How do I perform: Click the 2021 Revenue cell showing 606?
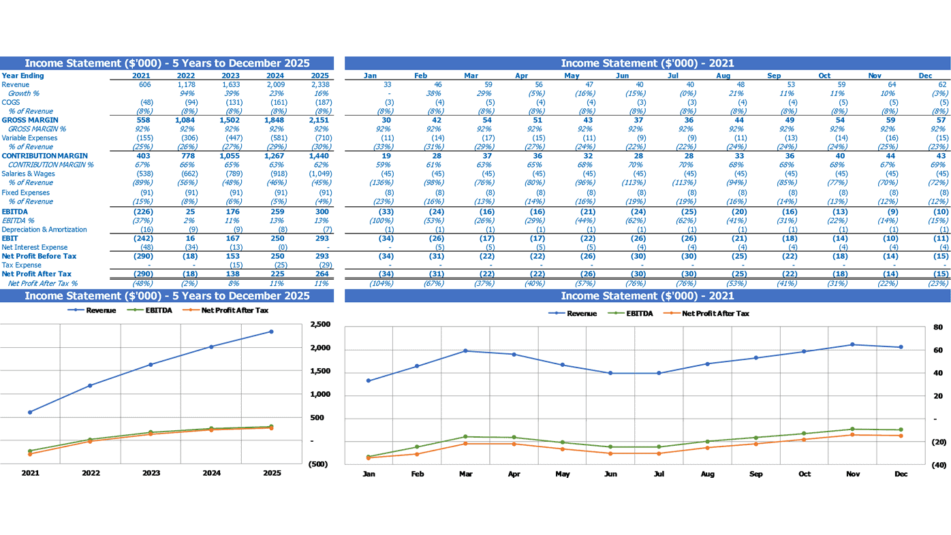click(145, 84)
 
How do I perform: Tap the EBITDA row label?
click(15, 212)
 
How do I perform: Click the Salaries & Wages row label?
click(29, 174)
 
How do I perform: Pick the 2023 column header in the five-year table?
click(230, 76)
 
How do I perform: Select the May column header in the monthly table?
click(572, 76)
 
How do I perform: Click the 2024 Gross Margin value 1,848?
click(275, 120)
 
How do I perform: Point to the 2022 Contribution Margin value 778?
click(188, 156)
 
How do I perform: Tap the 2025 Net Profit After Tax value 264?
click(322, 274)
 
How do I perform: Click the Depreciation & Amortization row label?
click(44, 229)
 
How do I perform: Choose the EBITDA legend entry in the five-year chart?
click(150, 310)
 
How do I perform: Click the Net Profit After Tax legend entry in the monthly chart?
click(706, 314)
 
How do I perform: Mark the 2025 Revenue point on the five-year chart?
click(271, 331)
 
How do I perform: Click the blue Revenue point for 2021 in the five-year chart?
click(30, 412)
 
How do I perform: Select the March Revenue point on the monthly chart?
click(465, 351)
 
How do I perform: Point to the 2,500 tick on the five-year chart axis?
click(320, 324)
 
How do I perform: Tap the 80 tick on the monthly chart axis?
click(938, 327)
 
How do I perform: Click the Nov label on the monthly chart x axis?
click(853, 474)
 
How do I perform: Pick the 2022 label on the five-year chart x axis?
click(91, 473)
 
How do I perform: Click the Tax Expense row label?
click(22, 265)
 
